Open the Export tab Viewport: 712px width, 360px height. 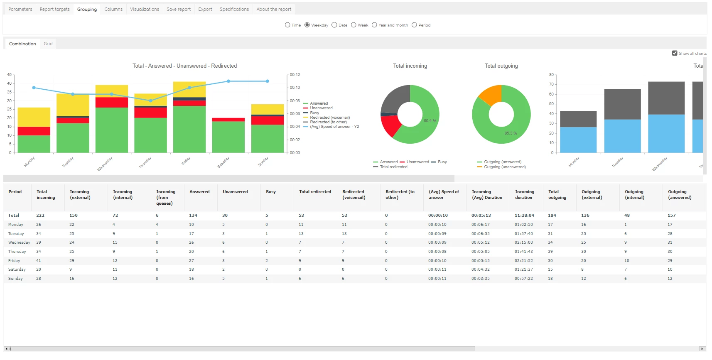[205, 9]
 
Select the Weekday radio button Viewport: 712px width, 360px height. [307, 25]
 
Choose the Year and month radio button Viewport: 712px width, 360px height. [374, 25]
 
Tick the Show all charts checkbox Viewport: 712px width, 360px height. [675, 53]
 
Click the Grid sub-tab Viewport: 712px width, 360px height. [48, 44]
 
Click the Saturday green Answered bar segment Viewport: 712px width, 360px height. [228, 137]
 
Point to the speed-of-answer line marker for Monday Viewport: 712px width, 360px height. [34, 88]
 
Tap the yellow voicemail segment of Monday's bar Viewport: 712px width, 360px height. [34, 117]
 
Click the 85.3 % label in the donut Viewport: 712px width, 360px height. [511, 133]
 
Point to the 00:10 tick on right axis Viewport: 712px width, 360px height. [295, 87]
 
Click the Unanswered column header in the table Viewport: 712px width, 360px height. [235, 191]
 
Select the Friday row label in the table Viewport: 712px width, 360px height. [14, 260]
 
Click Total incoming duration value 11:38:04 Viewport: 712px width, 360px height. [524, 215]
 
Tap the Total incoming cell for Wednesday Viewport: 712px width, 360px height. [39, 242]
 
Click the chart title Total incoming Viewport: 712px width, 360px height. [410, 66]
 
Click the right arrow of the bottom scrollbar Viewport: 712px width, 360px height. [702, 349]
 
